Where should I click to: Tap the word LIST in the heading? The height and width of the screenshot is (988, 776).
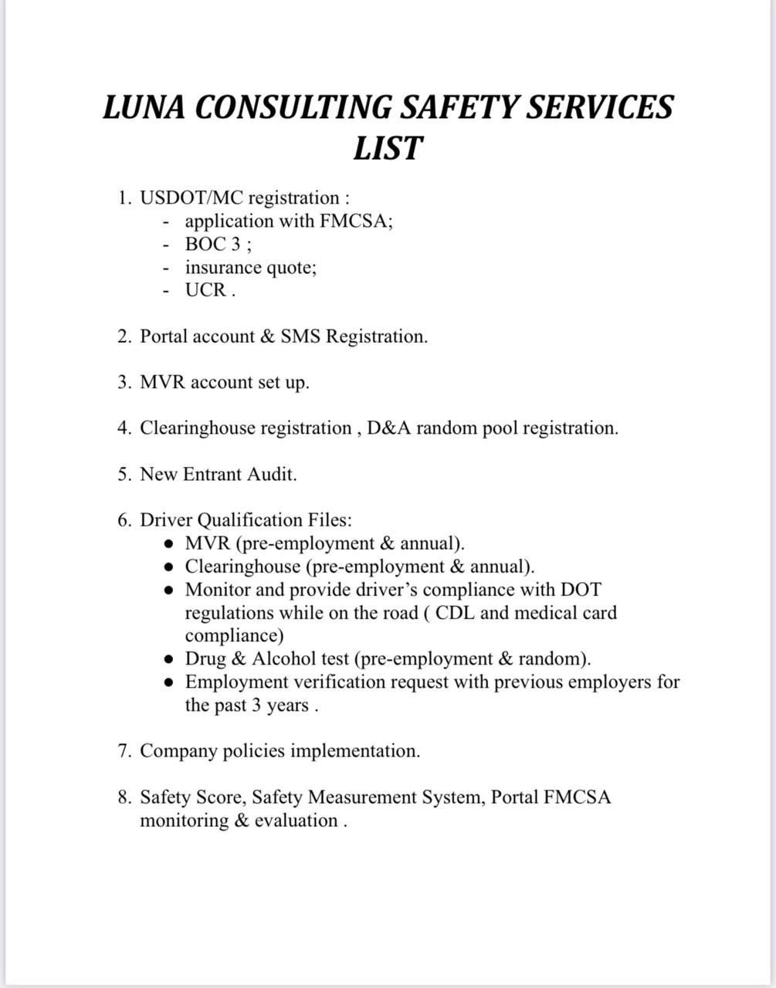pos(388,147)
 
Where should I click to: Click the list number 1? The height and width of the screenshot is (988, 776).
pos(124,198)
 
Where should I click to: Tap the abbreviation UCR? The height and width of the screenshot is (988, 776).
pos(206,291)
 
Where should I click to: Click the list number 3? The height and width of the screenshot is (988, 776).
pos(124,382)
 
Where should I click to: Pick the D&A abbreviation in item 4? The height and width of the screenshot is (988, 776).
pos(389,428)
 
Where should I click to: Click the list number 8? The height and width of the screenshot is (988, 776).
pos(124,797)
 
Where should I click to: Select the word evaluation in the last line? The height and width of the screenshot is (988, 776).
pos(296,821)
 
